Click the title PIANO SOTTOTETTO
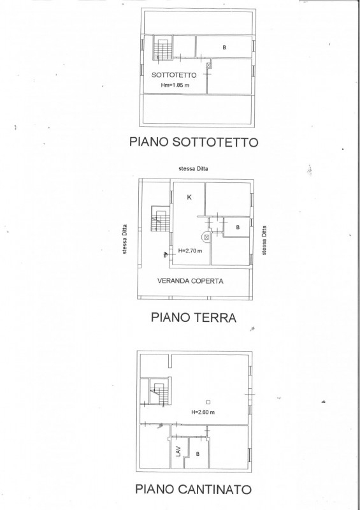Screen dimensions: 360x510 coord(194,142)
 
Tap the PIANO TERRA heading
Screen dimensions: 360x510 coord(194,317)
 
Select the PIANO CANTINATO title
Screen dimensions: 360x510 coord(194,489)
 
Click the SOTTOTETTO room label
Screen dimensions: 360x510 coord(174,75)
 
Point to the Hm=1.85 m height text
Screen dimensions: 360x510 coord(175,85)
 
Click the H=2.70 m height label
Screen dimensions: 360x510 coord(190,251)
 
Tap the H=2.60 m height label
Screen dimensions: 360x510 coord(203,412)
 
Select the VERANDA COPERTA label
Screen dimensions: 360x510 coord(191,281)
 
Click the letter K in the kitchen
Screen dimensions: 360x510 coord(189,197)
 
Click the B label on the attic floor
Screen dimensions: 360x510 coord(224,47)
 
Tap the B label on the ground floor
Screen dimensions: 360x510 coord(238,228)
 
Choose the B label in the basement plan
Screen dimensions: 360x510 coord(198,454)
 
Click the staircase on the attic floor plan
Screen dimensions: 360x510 coord(163,48)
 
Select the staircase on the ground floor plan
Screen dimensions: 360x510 coord(159,218)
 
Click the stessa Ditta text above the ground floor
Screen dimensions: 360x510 coord(193,168)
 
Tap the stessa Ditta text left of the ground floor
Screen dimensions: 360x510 coord(124,239)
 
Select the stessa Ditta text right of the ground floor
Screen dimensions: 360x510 coord(264,240)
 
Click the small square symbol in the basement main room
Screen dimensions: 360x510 coord(208,402)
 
